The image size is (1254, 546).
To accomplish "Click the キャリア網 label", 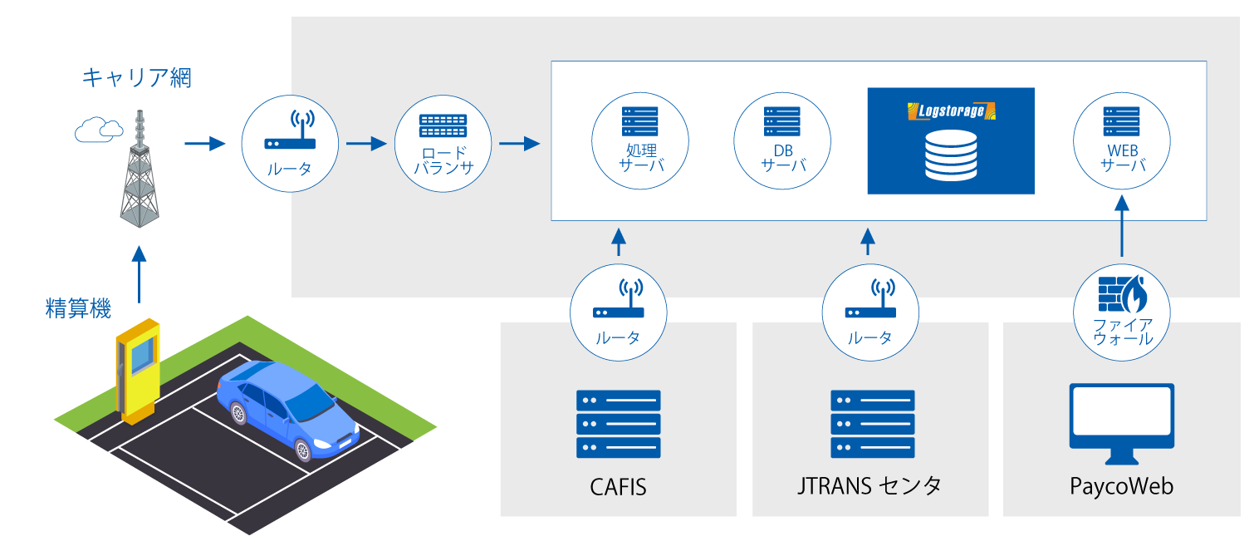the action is pos(136,77).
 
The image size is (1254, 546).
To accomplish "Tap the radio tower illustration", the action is pos(140,169).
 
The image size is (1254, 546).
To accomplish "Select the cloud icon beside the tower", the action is pos(99,130).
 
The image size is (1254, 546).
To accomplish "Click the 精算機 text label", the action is pos(78,308).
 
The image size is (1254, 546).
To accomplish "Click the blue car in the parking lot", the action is pos(287,410).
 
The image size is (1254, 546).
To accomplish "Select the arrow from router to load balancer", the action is pos(366,144).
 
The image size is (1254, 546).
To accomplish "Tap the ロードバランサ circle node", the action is pos(443,144).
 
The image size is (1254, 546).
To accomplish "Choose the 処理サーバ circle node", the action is pos(640,141).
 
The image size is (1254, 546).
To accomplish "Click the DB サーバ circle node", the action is pos(782,141).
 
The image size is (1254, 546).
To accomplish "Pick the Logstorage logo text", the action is pos(951,111).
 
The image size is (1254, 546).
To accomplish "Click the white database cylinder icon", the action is pos(951,155).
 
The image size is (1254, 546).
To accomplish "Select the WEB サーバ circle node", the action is pos(1122,141).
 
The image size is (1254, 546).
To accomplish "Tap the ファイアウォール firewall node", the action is pos(1122,312).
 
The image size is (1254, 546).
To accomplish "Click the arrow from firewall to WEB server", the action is pos(1122,226).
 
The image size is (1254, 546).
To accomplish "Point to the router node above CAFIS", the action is pos(618,312).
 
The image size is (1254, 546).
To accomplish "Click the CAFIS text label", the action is pos(618,487).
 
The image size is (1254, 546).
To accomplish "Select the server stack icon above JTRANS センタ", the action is pos(872,424).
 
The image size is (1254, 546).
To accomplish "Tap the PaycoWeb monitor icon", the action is pos(1122,424).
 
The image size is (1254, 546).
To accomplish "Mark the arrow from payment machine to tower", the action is pos(139,274).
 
